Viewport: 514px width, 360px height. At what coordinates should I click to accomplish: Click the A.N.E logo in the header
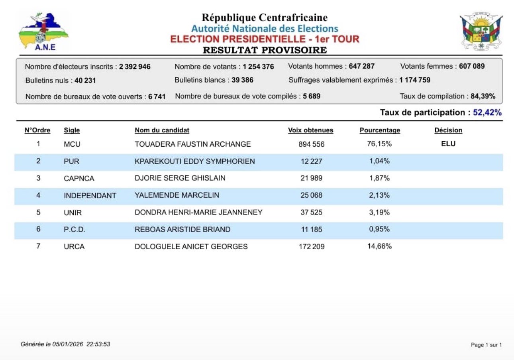pyautogui.click(x=43, y=32)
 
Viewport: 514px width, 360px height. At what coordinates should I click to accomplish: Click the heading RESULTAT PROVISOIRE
pyautogui.click(x=265, y=50)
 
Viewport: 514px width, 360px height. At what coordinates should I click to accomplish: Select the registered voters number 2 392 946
pyautogui.click(x=135, y=67)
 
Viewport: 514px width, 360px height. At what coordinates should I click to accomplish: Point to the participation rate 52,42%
pyautogui.click(x=487, y=113)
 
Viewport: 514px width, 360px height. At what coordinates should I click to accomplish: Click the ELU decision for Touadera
pyautogui.click(x=448, y=144)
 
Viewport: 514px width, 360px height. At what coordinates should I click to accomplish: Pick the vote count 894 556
pyautogui.click(x=311, y=144)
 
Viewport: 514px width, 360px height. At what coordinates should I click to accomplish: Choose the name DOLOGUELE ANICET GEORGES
pyautogui.click(x=191, y=247)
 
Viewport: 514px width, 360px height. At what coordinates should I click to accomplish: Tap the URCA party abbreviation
pyautogui.click(x=74, y=247)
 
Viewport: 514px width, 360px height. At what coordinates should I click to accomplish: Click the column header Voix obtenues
pyautogui.click(x=310, y=130)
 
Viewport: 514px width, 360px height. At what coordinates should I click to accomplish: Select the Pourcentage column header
pyautogui.click(x=380, y=130)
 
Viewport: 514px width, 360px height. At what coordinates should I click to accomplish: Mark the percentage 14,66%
pyautogui.click(x=379, y=246)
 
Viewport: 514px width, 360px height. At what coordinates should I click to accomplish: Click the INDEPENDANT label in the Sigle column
pyautogui.click(x=90, y=196)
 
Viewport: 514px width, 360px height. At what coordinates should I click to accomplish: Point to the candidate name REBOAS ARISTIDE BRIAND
pyautogui.click(x=182, y=229)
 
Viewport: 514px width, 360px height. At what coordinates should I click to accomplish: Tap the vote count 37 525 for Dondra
pyautogui.click(x=311, y=212)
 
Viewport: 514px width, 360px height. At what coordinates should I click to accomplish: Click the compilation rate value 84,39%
pyautogui.click(x=483, y=96)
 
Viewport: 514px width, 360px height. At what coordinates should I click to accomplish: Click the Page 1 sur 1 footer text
pyautogui.click(x=486, y=345)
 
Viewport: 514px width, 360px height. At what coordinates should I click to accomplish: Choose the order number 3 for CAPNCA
pyautogui.click(x=38, y=178)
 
